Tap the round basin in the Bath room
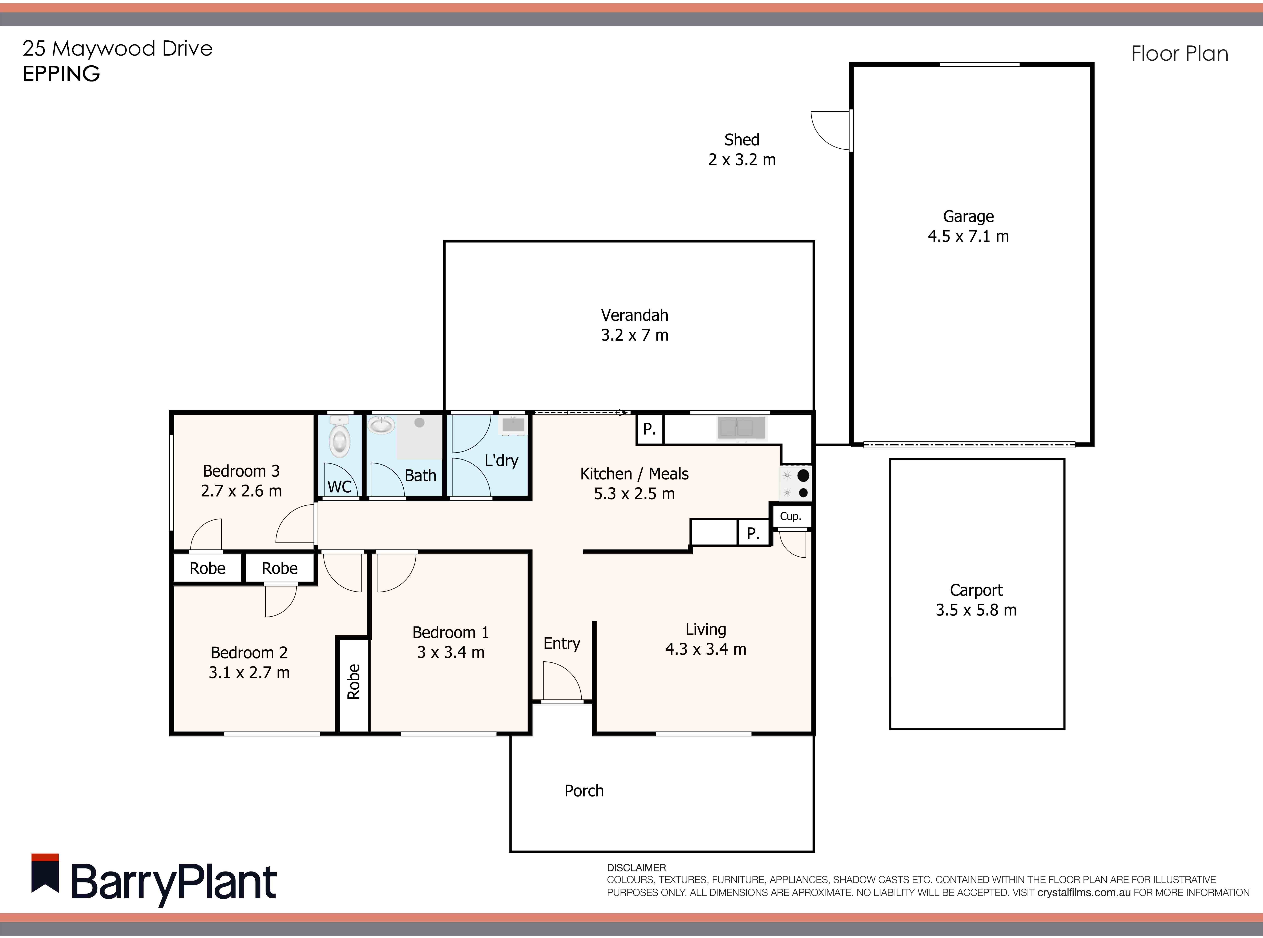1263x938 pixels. pos(382,425)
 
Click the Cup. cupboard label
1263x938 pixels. pos(790,516)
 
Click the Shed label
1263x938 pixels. pos(741,140)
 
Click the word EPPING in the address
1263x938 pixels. pos(61,74)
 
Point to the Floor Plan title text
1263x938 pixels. pos(1179,54)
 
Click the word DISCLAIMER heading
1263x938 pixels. pos(636,868)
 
